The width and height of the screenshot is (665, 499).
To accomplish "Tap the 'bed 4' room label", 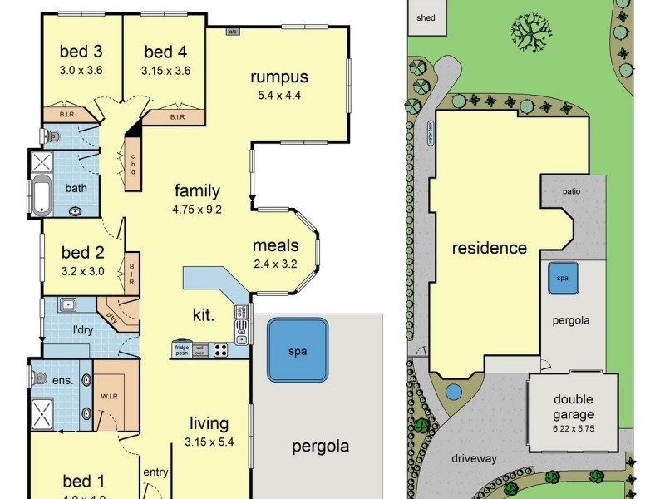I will [x=165, y=52].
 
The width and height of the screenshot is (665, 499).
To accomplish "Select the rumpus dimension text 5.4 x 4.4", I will [x=279, y=95].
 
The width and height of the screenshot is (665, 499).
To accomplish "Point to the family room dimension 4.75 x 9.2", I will [x=197, y=209].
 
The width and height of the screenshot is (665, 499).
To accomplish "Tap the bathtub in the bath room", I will [x=40, y=195].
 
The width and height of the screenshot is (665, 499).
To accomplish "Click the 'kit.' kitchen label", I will [x=204, y=315].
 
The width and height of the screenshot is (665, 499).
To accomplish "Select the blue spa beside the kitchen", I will [x=298, y=350].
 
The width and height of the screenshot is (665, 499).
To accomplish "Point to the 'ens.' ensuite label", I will [x=62, y=381].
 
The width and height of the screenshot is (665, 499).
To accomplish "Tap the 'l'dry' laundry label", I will [x=82, y=330].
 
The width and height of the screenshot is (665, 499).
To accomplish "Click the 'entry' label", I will [x=155, y=472].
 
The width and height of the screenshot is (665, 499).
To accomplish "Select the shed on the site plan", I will [x=426, y=17].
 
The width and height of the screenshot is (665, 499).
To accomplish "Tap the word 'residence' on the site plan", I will [x=489, y=248].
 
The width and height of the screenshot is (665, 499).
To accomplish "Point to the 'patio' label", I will [x=570, y=191].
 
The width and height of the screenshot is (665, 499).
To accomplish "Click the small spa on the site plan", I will [x=563, y=278].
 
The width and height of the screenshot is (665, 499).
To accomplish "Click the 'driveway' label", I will [x=474, y=458].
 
